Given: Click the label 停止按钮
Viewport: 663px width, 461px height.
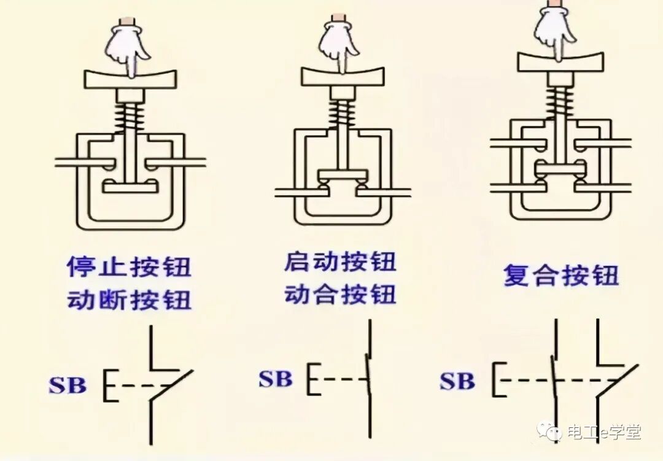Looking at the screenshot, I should click(x=129, y=268).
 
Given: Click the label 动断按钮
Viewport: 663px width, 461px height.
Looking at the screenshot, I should click(x=129, y=300).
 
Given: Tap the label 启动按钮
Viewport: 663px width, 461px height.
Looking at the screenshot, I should click(x=339, y=262).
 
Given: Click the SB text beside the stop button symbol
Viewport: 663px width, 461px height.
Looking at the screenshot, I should click(x=68, y=386).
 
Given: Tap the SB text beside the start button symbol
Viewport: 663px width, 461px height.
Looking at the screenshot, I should click(x=275, y=379).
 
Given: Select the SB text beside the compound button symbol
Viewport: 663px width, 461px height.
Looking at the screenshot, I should click(x=457, y=381).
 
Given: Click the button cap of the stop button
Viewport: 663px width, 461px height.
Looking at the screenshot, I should click(x=131, y=79).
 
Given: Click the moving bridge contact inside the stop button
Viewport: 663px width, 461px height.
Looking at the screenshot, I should click(x=130, y=185).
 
